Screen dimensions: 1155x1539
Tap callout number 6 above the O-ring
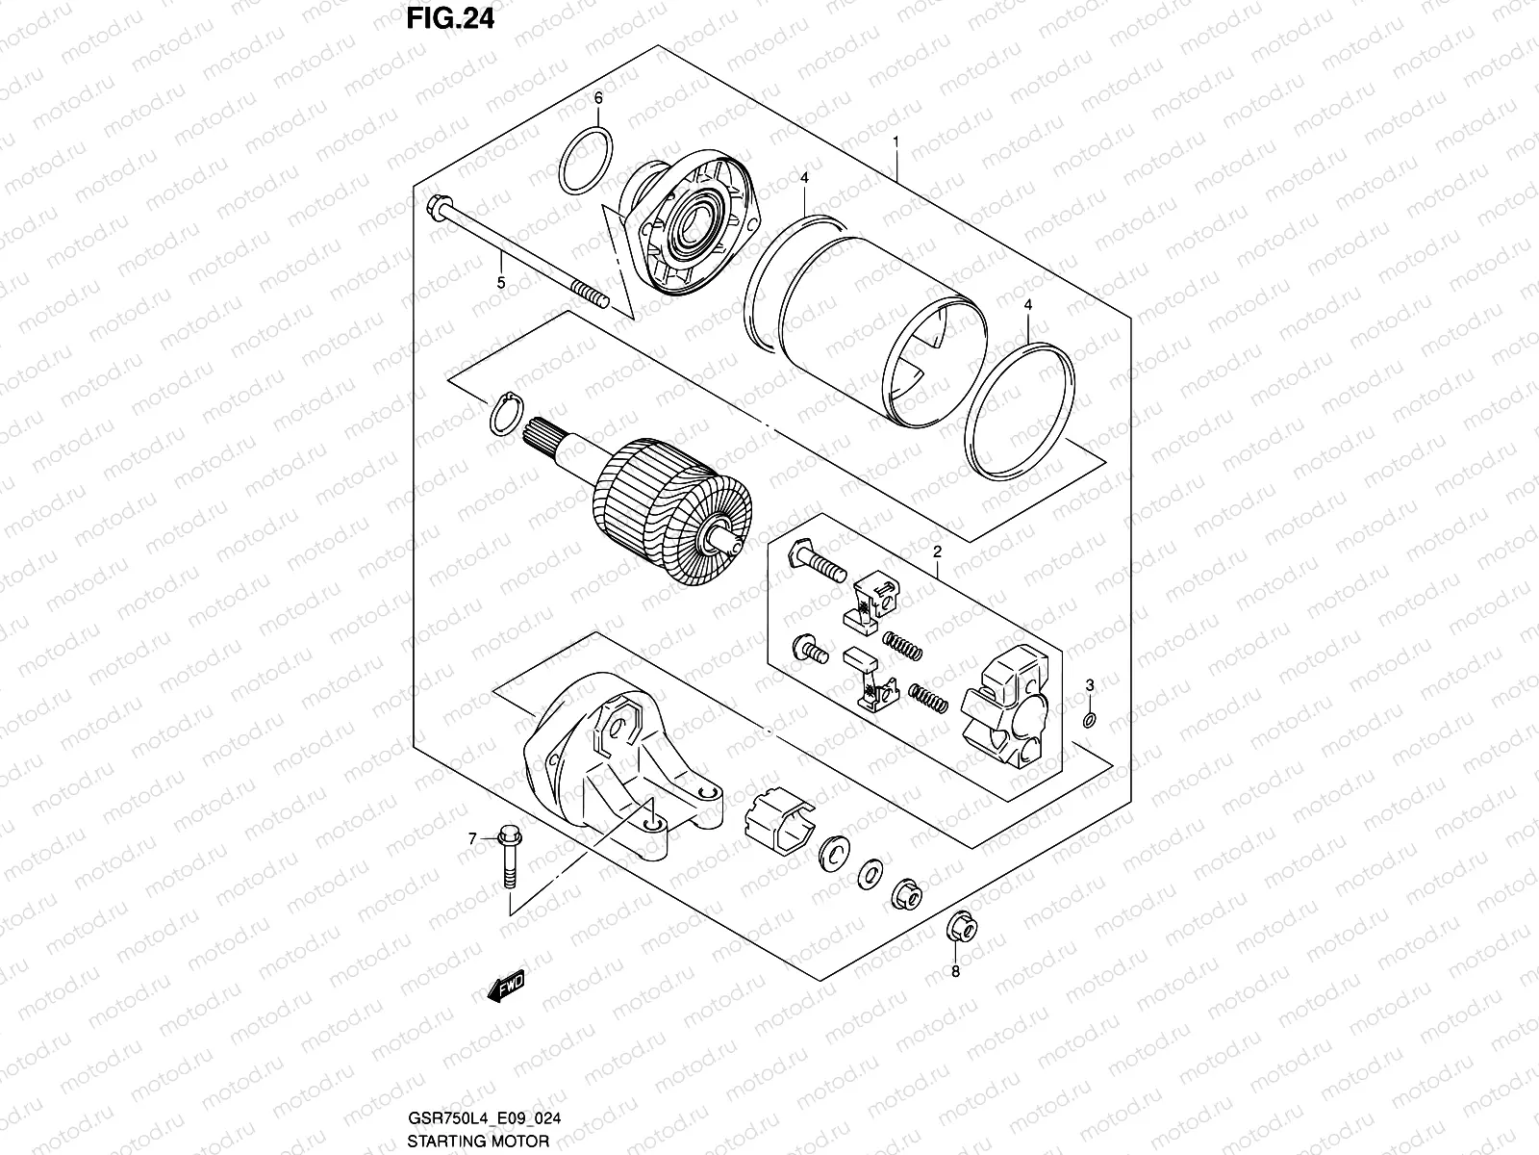click(597, 98)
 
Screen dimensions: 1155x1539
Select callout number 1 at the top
click(896, 141)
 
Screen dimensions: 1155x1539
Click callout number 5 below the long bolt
click(500, 282)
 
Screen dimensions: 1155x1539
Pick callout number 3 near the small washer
click(1090, 685)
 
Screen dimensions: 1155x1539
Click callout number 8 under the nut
click(955, 971)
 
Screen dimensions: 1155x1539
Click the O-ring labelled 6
click(586, 159)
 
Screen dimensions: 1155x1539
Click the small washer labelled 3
click(1089, 720)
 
